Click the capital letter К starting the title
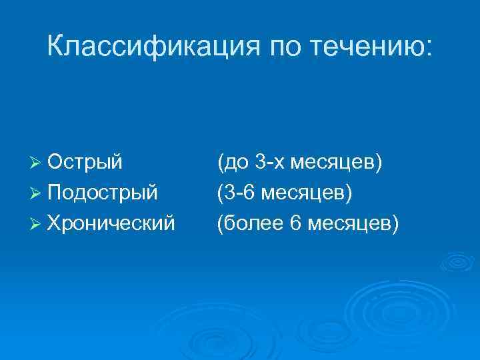pyautogui.click(x=56, y=47)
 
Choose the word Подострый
pyautogui.click(x=103, y=193)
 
